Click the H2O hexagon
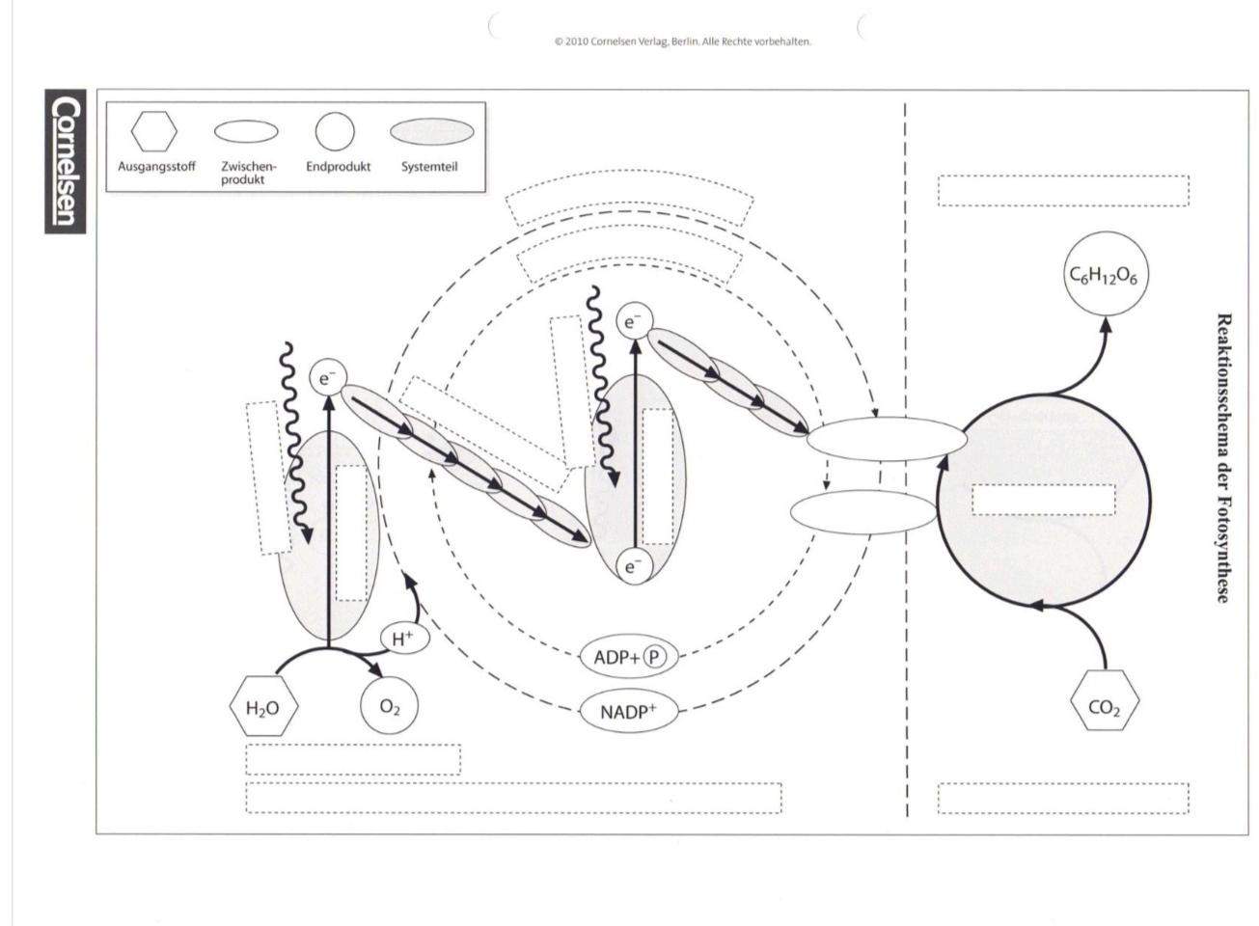click(x=263, y=707)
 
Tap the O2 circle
click(x=389, y=706)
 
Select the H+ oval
click(x=404, y=639)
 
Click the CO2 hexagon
click(x=1105, y=700)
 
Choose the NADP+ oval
click(x=628, y=712)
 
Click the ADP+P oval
click(x=629, y=657)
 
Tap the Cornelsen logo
click(x=66, y=161)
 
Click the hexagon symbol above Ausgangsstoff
click(x=154, y=131)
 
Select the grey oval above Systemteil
click(x=431, y=131)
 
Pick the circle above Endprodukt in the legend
click(x=335, y=131)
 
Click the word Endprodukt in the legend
click(x=339, y=167)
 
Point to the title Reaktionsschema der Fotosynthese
click(x=1222, y=458)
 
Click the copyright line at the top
click(x=683, y=41)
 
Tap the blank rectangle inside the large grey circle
click(x=1043, y=500)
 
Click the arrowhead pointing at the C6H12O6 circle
click(x=1106, y=325)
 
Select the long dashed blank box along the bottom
click(x=513, y=798)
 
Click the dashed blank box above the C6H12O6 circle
click(x=1063, y=190)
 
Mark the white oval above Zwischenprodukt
click(x=246, y=131)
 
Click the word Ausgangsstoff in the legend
click(x=156, y=167)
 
